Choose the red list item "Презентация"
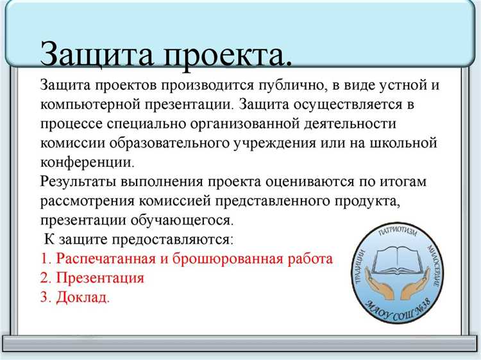click(x=100, y=278)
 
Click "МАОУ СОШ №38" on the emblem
click(x=401, y=306)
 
